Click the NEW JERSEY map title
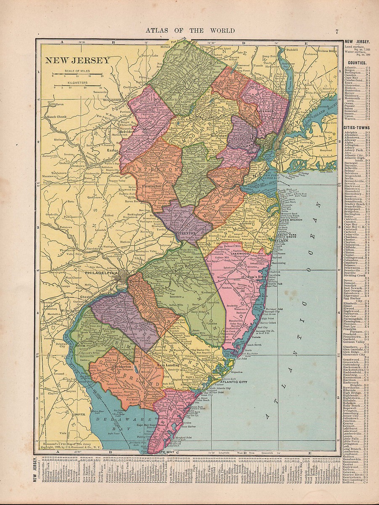(x=77, y=60)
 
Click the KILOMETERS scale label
(x=77, y=83)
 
